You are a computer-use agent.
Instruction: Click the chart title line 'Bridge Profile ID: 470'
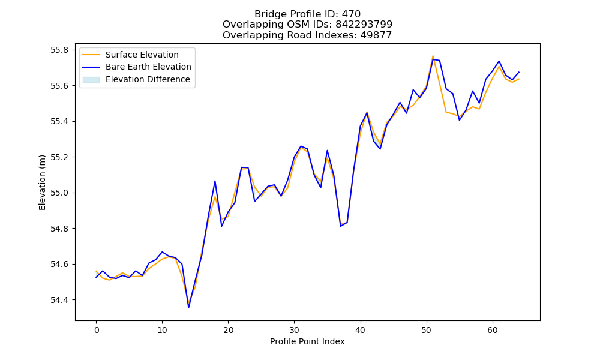(x=307, y=14)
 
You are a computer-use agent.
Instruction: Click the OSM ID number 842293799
(x=364, y=25)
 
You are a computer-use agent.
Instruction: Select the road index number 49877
(x=376, y=35)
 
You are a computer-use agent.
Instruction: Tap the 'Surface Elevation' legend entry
(x=142, y=55)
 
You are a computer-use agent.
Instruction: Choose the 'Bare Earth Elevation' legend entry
(x=148, y=67)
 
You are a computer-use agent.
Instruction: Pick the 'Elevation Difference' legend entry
(x=148, y=79)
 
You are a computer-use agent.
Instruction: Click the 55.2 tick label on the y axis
(x=59, y=157)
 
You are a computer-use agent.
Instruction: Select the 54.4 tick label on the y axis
(x=59, y=300)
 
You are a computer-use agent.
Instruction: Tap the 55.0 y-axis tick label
(x=59, y=193)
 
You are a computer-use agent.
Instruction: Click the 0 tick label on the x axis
(x=97, y=330)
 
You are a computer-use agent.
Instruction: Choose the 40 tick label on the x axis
(x=360, y=330)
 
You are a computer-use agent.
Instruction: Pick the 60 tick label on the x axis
(x=493, y=330)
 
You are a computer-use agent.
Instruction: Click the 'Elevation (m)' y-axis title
(x=42, y=182)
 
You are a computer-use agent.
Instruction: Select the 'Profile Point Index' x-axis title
(x=307, y=341)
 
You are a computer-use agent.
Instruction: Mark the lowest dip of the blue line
(x=188, y=308)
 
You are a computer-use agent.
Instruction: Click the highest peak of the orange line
(x=433, y=56)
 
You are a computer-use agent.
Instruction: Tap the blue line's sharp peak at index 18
(x=215, y=181)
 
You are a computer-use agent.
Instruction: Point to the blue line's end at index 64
(x=519, y=72)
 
